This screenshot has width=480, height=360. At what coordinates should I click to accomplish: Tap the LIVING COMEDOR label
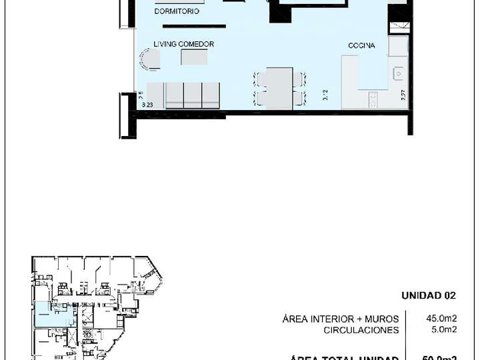click(183, 44)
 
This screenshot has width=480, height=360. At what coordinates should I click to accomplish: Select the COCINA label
click(361, 46)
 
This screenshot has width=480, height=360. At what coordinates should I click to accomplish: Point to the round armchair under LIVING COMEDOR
click(149, 60)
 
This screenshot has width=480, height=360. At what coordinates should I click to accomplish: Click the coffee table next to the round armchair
click(194, 58)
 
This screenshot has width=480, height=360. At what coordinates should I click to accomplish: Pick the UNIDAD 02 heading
click(428, 296)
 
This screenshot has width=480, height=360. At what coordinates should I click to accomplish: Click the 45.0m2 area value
click(441, 318)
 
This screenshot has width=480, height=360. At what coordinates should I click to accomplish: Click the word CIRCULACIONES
click(361, 330)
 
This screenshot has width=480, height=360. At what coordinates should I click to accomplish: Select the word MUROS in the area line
click(382, 319)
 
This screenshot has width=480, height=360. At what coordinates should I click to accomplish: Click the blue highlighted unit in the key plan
click(45, 314)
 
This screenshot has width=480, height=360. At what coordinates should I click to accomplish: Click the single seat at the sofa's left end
click(155, 95)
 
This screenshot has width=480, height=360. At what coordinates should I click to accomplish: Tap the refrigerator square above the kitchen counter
click(399, 46)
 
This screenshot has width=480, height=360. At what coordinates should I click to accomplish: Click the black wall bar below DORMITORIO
click(201, 26)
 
